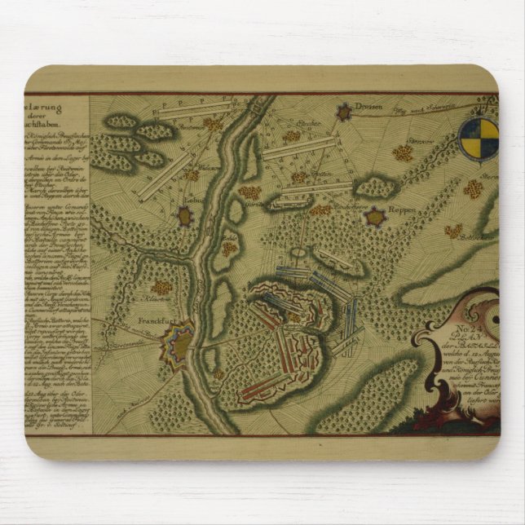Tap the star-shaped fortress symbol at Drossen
coord(343,112)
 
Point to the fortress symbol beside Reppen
coord(374,217)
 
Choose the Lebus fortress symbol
coord(186,216)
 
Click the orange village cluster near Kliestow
coord(161,288)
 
